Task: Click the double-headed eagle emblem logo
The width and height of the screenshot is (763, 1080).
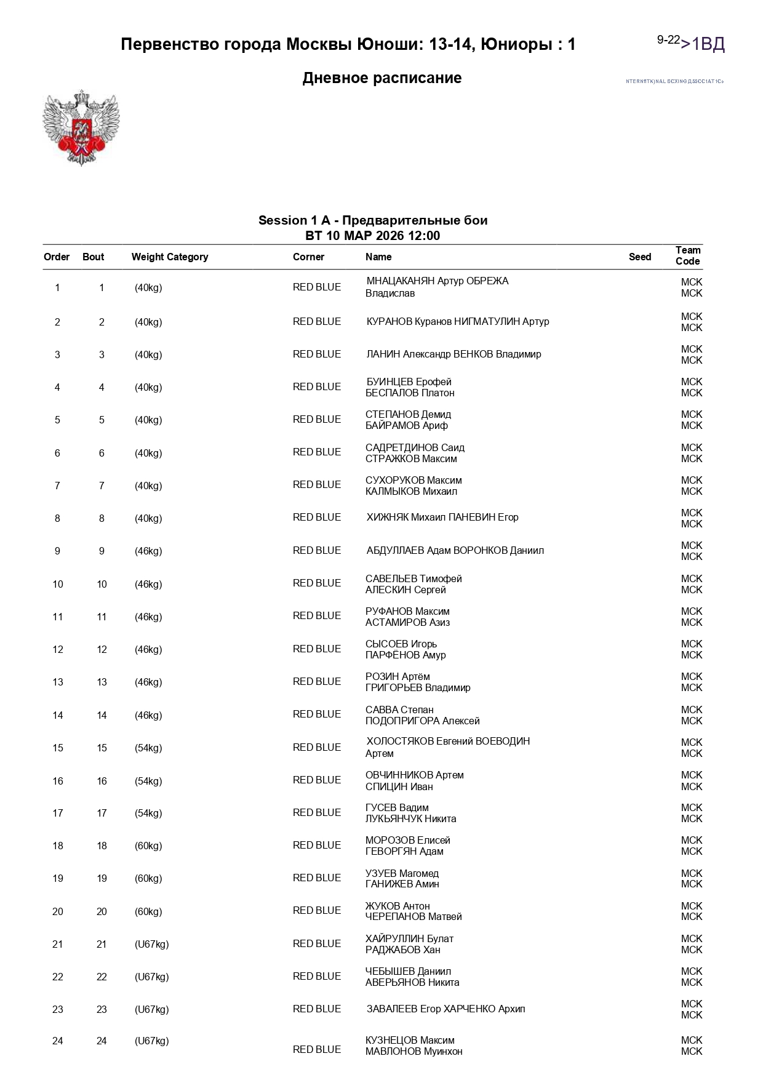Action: pos(81,127)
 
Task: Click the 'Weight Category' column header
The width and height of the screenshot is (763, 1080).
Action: pos(169,257)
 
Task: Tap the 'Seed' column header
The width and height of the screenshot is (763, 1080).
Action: pos(639,257)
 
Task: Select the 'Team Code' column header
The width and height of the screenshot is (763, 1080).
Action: pos(687,255)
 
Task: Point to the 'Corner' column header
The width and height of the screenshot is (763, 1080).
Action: pos(308,257)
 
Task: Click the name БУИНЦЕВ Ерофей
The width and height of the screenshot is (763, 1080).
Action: pos(409,382)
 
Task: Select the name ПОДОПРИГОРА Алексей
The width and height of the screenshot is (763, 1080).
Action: pos(422,721)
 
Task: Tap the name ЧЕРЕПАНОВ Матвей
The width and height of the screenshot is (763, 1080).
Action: pos(413,917)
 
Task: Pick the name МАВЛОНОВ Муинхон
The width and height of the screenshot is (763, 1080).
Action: pos(413,1052)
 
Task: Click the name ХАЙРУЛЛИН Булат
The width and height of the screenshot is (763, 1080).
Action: pos(409,939)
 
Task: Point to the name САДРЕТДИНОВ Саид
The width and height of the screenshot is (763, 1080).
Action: pos(415,448)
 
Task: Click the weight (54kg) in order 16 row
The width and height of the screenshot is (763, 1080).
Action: pos(148,781)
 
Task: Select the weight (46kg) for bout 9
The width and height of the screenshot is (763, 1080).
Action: pos(148,551)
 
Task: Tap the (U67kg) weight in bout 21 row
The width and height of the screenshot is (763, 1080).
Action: pos(151,944)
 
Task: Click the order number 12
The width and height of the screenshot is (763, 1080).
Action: pos(58,650)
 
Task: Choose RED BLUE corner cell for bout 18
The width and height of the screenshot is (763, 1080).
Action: pos(316,846)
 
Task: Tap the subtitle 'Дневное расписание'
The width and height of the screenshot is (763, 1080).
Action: pos(381,78)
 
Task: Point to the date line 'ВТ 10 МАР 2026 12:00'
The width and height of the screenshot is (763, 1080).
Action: pos(372,236)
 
